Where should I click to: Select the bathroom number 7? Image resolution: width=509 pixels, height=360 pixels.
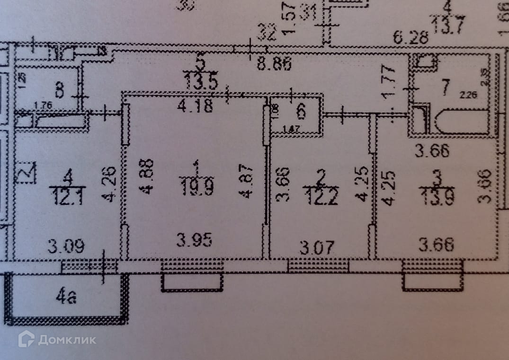[444, 87]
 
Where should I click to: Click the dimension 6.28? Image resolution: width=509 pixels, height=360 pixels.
[411, 36]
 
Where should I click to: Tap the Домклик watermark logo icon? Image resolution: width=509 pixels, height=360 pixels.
[27, 339]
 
